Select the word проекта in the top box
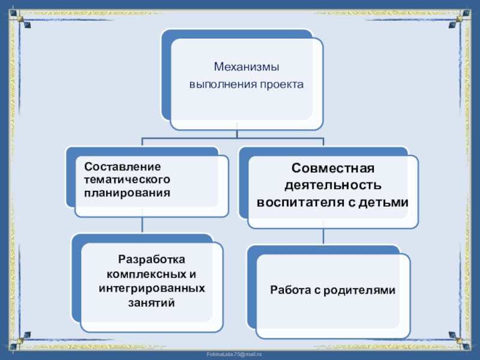click(282, 85)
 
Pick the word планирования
click(127, 193)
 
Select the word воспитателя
click(298, 202)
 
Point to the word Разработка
click(151, 260)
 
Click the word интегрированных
click(151, 289)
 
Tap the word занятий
click(151, 303)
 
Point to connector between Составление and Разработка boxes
click(142, 224)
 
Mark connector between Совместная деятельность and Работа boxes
click(324, 236)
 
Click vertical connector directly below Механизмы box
click(238, 134)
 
